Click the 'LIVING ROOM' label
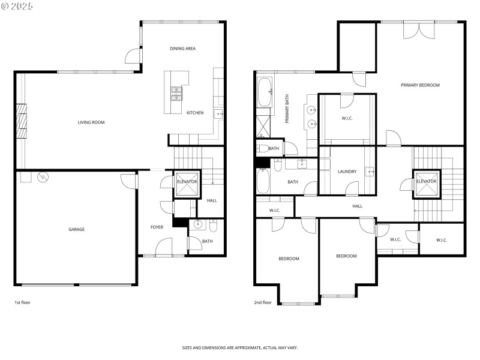pyautogui.click(x=91, y=122)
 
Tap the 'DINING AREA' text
pyautogui.click(x=182, y=49)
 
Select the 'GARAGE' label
pyautogui.click(x=76, y=229)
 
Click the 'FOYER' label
pyautogui.click(x=157, y=227)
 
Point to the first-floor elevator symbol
pyautogui.click(x=186, y=185)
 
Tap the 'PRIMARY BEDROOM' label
pyautogui.click(x=420, y=85)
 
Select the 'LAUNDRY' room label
pyautogui.click(x=347, y=172)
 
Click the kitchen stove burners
pyautogui.click(x=176, y=93)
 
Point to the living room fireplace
pyautogui.click(x=21, y=122)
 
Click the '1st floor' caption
pyautogui.click(x=22, y=302)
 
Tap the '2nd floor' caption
pyautogui.click(x=263, y=302)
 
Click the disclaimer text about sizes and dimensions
pyautogui.click(x=240, y=347)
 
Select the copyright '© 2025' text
pyautogui.click(x=17, y=5)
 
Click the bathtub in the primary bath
pyautogui.click(x=265, y=92)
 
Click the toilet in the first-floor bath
pyautogui.click(x=214, y=227)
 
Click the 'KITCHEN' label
pyautogui.click(x=195, y=113)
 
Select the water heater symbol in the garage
pyautogui.click(x=43, y=177)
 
